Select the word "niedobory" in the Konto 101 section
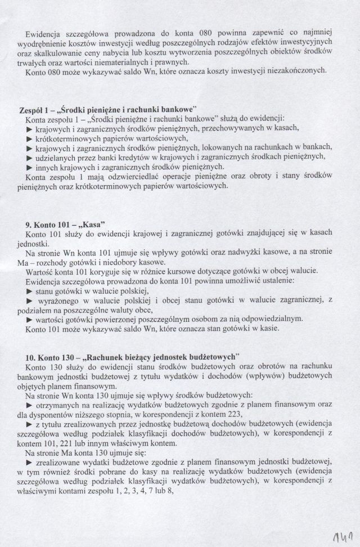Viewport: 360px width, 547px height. [115, 261]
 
